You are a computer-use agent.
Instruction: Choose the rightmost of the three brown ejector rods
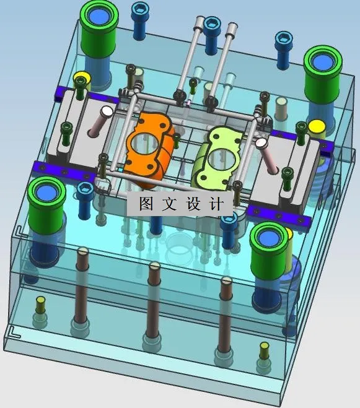[225, 316]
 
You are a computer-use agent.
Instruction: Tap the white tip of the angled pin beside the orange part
[107, 112]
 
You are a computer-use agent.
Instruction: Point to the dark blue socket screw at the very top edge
[139, 11]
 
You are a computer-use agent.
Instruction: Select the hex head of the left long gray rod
[198, 24]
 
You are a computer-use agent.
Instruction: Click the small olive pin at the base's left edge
[41, 303]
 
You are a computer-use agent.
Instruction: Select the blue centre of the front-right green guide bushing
[270, 235]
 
